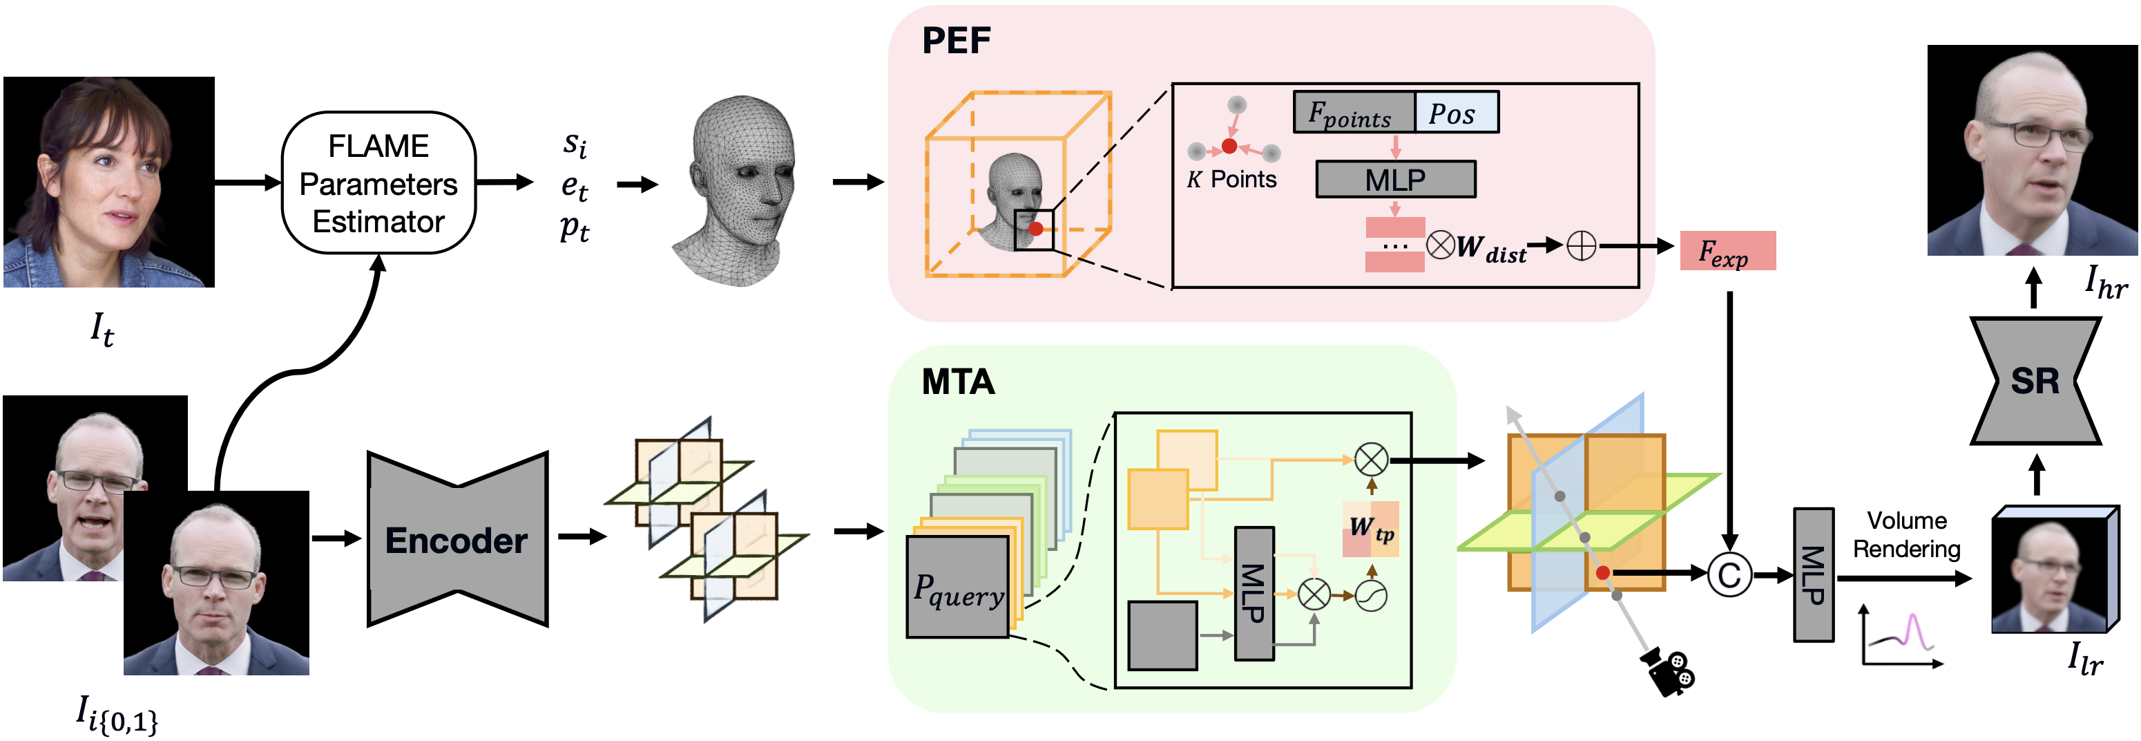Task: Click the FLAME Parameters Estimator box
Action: (378, 183)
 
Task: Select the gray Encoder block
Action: (458, 539)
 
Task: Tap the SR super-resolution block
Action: (2035, 381)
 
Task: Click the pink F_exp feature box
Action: (1727, 250)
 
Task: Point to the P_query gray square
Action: (957, 586)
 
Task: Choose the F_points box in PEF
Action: (1353, 112)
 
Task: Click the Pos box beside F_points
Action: (1456, 112)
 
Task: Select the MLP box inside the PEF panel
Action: (1396, 179)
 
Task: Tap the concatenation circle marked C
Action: (1729, 574)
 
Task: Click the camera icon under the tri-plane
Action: (1667, 670)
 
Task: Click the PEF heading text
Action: (956, 40)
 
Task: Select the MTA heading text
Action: (959, 382)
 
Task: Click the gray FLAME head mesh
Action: (733, 191)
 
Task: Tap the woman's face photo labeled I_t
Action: (109, 182)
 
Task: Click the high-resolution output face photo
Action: (2032, 151)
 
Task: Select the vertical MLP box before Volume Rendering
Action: (1814, 574)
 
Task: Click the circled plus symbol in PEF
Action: (1581, 245)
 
